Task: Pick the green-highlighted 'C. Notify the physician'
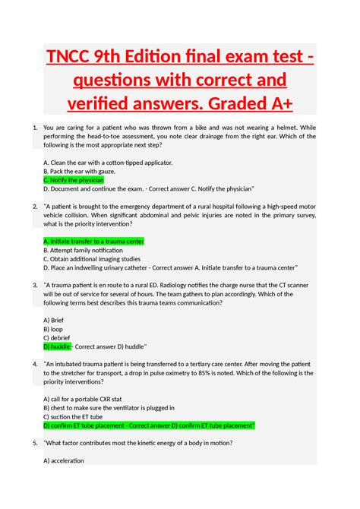coord(74,180)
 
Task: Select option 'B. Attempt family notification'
coord(84,249)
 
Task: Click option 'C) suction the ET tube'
coord(80,416)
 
